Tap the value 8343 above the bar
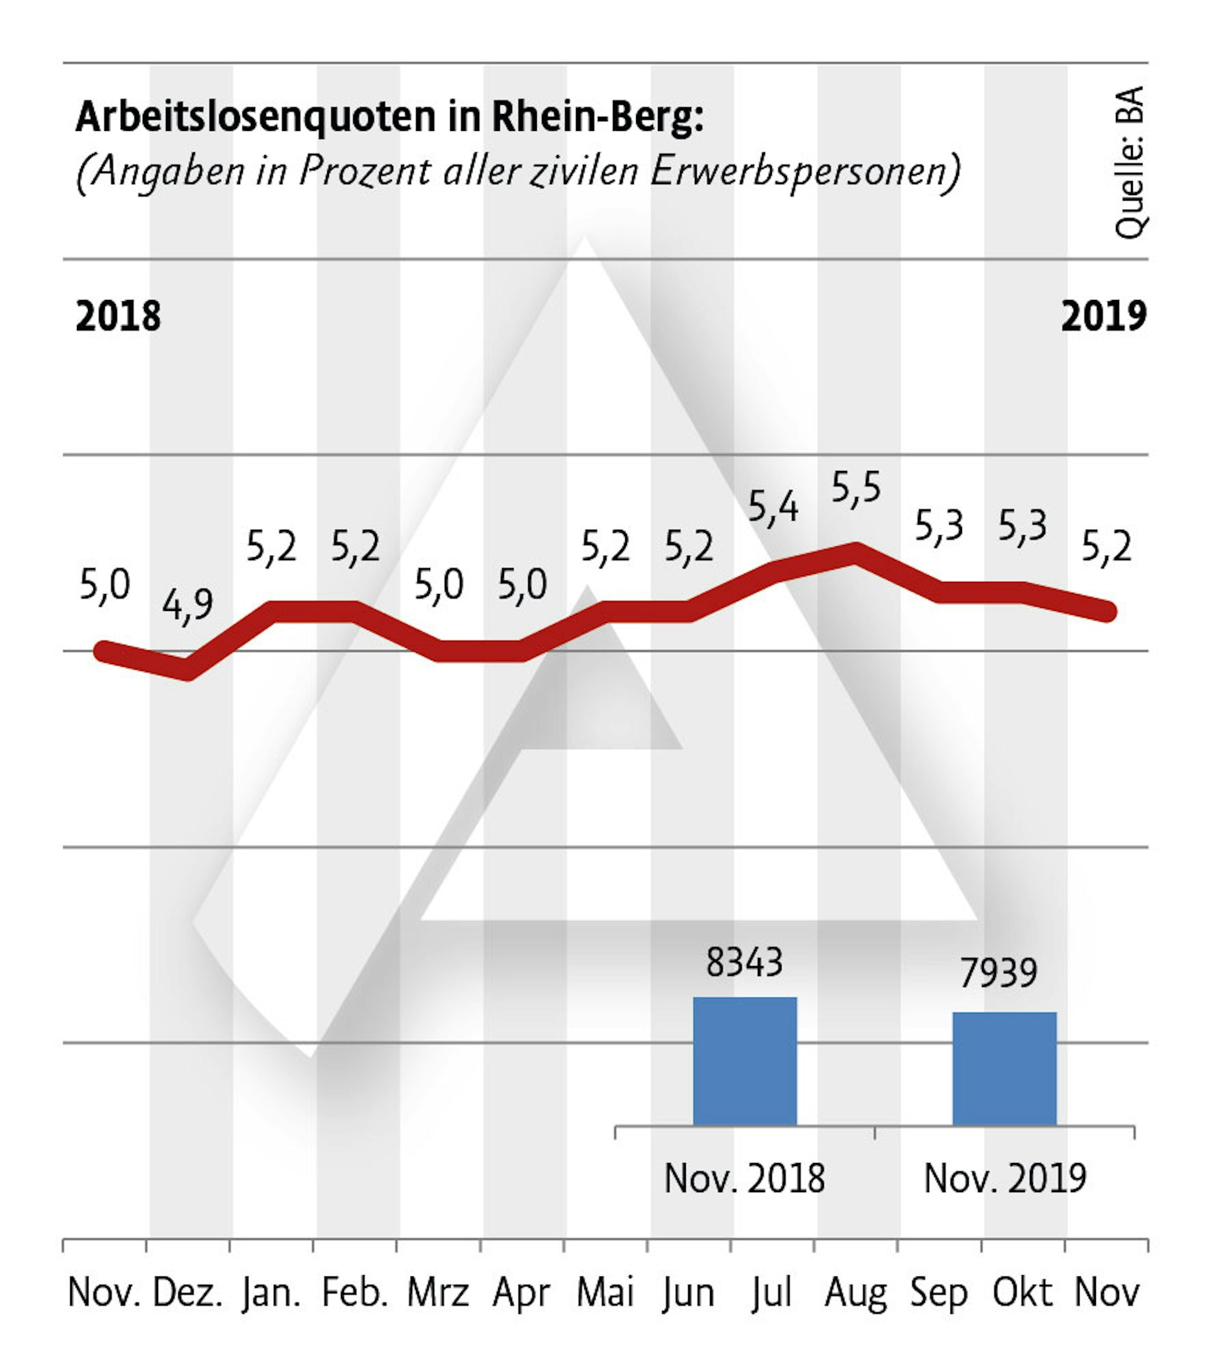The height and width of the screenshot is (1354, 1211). click(745, 962)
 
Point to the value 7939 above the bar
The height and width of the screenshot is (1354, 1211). click(998, 973)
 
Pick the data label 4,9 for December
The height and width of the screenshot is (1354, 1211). click(188, 605)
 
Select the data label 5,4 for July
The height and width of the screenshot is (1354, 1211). click(772, 507)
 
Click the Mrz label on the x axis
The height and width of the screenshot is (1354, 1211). click(438, 1293)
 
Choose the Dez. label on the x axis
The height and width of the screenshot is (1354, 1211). click(188, 1293)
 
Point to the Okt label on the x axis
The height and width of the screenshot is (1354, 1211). click(1022, 1293)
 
